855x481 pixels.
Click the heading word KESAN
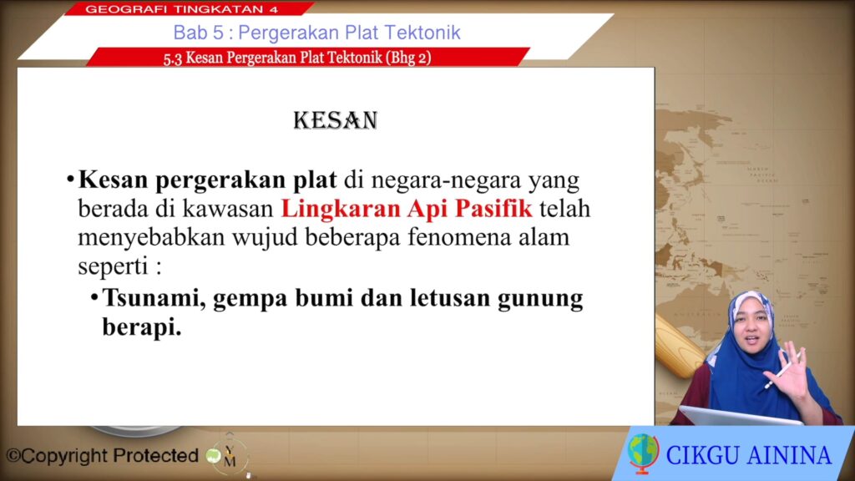pos(336,120)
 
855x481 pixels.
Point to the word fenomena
pos(459,237)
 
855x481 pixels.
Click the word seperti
pos(113,266)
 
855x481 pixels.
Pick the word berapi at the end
pos(142,327)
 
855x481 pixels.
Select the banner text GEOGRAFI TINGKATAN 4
pos(181,9)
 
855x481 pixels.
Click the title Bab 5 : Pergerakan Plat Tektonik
pos(316,33)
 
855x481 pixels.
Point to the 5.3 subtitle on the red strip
pos(297,58)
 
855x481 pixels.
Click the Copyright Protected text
pos(102,456)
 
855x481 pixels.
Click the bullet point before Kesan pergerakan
pos(70,180)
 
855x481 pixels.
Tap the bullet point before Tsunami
pos(94,297)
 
